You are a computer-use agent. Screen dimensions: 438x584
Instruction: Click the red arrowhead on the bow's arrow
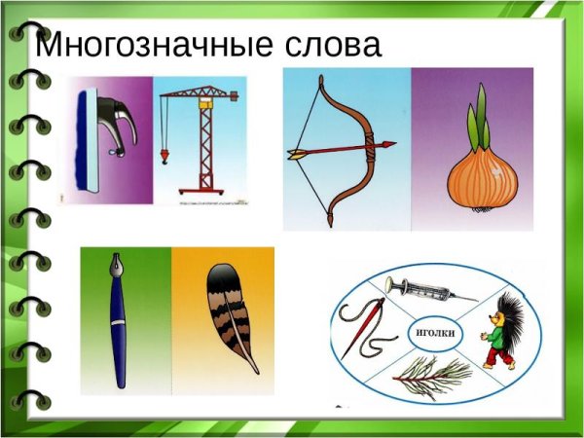pos(388,145)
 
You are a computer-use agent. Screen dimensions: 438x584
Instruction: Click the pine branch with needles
pos(434,375)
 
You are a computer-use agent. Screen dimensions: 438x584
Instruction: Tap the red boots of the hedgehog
pos(499,362)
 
